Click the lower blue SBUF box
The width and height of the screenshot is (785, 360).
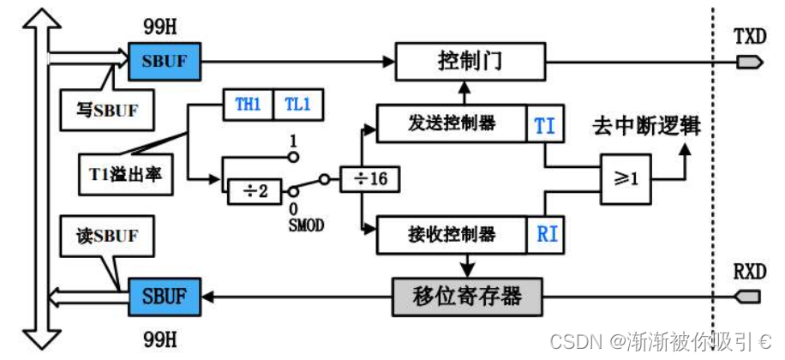[164, 297]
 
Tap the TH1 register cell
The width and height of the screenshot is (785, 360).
[248, 105]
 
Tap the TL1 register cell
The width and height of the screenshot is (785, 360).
[297, 105]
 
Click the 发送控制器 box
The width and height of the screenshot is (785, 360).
[452, 123]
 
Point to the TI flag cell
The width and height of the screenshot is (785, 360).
[544, 125]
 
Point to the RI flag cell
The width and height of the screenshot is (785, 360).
[546, 233]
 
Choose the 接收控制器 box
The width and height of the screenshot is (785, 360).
[452, 233]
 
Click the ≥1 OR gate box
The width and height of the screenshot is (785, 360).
[625, 181]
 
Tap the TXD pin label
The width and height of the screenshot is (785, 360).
[750, 37]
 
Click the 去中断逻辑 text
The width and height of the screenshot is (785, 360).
[645, 125]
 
